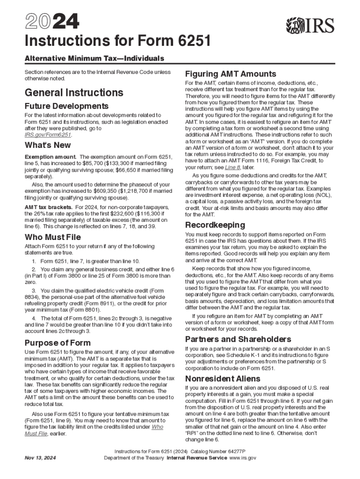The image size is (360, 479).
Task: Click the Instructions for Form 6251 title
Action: tap(117, 42)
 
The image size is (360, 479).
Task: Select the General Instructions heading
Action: tap(74, 92)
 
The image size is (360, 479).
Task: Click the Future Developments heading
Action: tap(66, 106)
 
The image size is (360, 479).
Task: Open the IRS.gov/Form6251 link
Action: tap(48, 135)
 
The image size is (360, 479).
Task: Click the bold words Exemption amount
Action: tap(50, 157)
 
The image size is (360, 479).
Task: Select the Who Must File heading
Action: tap(52, 237)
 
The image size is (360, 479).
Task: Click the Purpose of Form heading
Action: tap(58, 342)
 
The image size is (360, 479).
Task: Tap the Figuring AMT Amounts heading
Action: tap(230, 74)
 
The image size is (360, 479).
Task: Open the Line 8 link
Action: tap(234, 167)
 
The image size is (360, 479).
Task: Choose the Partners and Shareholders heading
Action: tap(238, 339)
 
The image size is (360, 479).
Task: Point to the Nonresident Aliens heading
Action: tap(223, 378)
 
